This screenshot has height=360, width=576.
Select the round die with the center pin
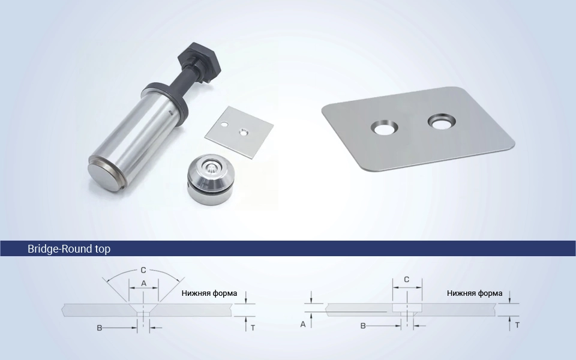point(211,179)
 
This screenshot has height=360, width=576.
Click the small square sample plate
point(239,132)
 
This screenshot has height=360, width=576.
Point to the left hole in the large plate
point(384,128)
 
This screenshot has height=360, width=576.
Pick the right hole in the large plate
point(442,122)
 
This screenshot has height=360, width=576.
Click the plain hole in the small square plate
point(224,125)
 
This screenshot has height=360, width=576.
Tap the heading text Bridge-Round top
point(69,248)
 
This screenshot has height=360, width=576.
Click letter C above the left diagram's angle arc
point(143,271)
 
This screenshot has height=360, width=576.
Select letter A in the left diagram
point(143,283)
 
